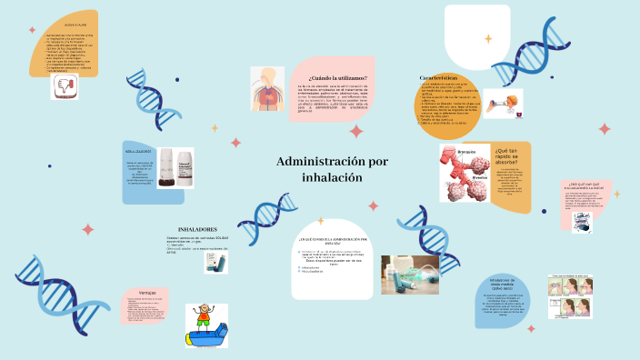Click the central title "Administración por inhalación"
pos(319,169)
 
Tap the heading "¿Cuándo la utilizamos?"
pos(328,79)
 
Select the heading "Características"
pos(443,78)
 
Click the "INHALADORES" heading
pos(198,229)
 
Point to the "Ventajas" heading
pos(147,292)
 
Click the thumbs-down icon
pos(65,86)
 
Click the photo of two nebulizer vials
pos(175,167)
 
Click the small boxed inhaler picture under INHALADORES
pos(215,263)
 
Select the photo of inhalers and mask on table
pos(410,274)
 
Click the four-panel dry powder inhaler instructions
pos(570,298)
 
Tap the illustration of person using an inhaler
pos(502,103)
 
